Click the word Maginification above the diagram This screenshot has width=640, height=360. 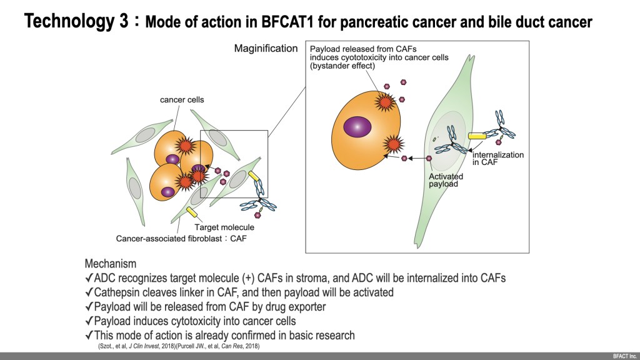[x=266, y=48]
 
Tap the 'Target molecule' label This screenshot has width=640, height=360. [x=224, y=227]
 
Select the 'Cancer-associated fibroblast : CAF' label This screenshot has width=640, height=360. [x=177, y=238]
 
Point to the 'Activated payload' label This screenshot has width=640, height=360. [x=446, y=181]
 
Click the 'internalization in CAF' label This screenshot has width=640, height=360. [x=498, y=159]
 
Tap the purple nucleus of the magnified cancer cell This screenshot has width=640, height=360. [x=356, y=127]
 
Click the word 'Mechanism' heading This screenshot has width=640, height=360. [x=110, y=264]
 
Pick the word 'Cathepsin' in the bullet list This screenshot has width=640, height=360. [x=116, y=292]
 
